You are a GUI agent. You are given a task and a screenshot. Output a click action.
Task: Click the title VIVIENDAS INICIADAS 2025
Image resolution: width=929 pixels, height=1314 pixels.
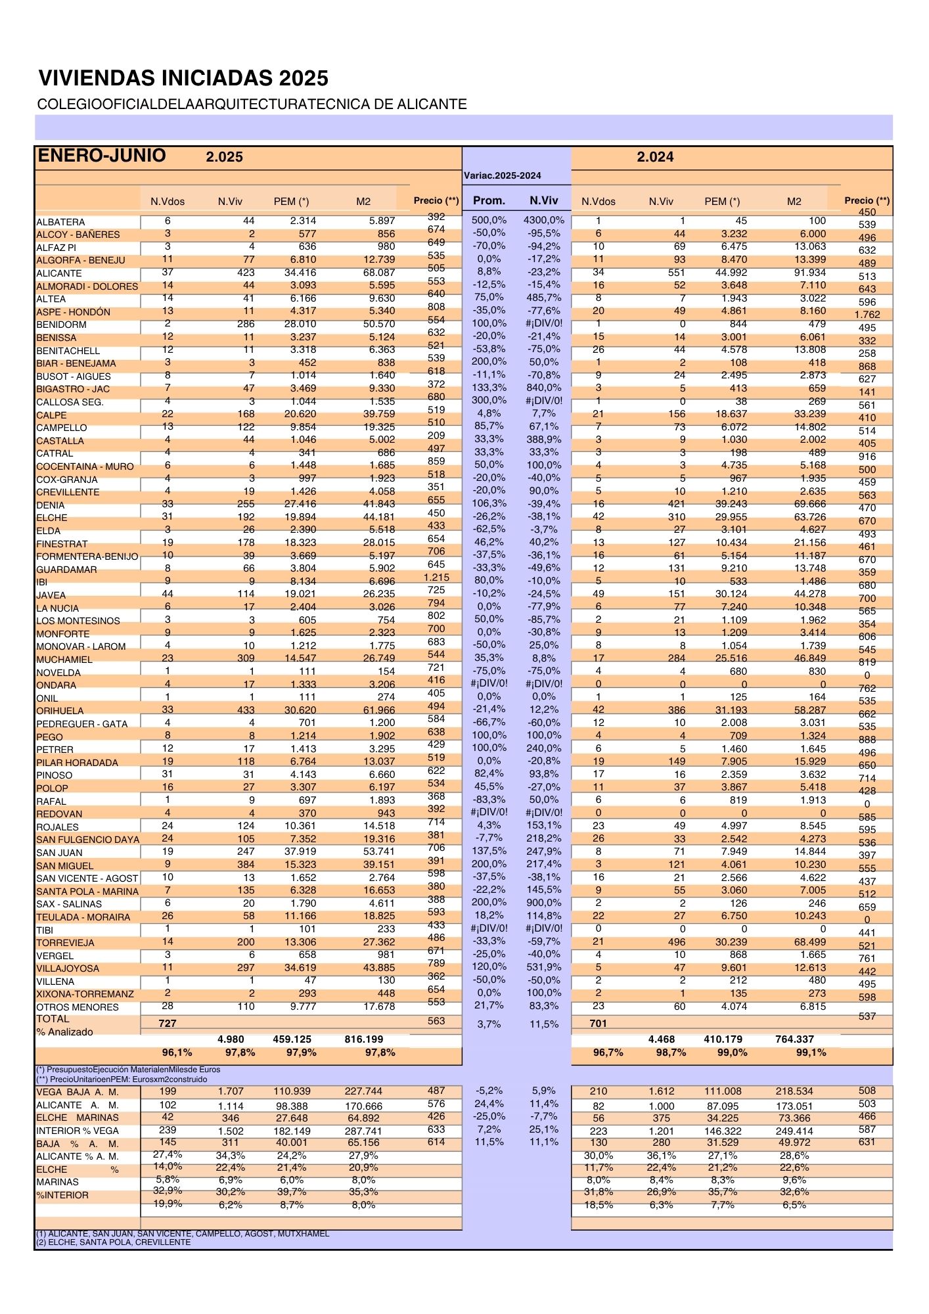point(183,78)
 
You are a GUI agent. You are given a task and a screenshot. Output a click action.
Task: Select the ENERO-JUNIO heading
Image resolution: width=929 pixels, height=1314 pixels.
point(102,156)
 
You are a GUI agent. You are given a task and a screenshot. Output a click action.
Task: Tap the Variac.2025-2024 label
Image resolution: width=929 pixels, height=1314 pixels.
point(502,175)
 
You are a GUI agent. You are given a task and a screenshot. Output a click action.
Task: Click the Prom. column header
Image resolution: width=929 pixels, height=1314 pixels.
point(489,200)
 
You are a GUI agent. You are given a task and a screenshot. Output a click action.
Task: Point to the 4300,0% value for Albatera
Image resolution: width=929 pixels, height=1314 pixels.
point(543,220)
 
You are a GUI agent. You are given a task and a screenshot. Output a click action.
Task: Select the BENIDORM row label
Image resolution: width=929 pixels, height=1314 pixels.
point(61,325)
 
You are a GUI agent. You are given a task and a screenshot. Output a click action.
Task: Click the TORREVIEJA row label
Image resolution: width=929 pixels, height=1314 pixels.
point(65,943)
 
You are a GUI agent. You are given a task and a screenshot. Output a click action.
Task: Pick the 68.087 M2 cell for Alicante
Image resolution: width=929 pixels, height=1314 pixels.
point(378,273)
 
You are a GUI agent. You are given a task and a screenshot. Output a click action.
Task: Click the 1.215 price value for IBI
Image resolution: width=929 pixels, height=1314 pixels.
point(436,578)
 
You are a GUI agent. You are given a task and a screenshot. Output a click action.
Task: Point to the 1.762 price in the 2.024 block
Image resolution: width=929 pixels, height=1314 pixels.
point(867,315)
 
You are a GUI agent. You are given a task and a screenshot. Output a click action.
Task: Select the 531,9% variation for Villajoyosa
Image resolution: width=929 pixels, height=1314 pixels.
point(543,967)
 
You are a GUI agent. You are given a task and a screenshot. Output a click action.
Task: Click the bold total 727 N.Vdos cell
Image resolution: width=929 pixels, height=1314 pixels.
point(168,1023)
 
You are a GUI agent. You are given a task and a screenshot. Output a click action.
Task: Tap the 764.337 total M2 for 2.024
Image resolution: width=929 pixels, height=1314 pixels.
point(794,1039)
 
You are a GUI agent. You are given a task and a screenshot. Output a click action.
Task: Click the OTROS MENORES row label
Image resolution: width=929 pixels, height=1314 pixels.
point(78,1007)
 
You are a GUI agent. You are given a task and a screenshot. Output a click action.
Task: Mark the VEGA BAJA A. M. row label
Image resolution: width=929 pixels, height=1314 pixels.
point(78,1092)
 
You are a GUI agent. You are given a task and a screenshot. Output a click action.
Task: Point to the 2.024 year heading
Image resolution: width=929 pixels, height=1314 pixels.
point(655,157)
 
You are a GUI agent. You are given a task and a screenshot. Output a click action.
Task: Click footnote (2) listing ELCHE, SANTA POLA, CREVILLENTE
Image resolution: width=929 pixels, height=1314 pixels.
point(114,1242)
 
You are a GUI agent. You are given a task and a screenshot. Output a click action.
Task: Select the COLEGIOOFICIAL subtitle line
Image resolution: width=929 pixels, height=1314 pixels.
point(252,104)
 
